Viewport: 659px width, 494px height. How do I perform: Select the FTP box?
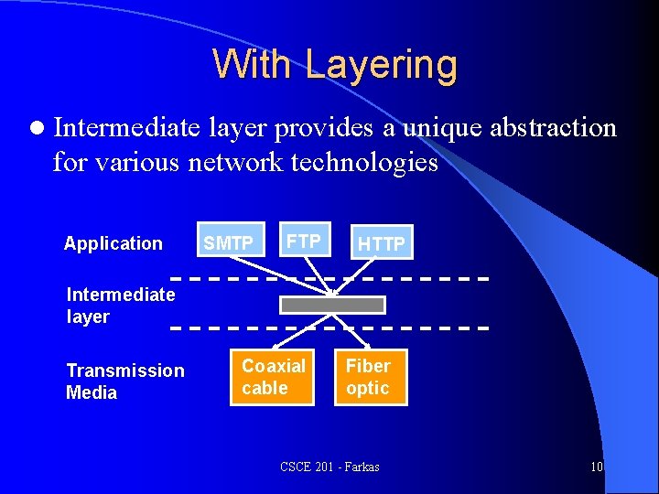pyautogui.click(x=303, y=242)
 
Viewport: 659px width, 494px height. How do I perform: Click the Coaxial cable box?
pyautogui.click(x=274, y=377)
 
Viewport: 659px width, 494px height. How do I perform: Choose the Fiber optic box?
pyautogui.click(x=368, y=377)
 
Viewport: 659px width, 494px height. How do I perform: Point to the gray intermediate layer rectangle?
pyautogui.click(x=332, y=305)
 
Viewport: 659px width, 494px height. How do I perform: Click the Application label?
pyautogui.click(x=113, y=243)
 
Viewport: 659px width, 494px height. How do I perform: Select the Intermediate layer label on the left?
pyautogui.click(x=120, y=306)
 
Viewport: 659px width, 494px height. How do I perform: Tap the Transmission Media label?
pyautogui.click(x=124, y=381)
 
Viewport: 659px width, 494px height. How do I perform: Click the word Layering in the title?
pyautogui.click(x=381, y=64)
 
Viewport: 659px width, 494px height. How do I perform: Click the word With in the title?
pyautogui.click(x=254, y=64)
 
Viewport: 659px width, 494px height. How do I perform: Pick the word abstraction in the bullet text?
pyautogui.click(x=553, y=128)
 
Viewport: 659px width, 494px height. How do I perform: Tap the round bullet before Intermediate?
pyautogui.click(x=35, y=129)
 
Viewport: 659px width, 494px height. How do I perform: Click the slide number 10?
pyautogui.click(x=596, y=467)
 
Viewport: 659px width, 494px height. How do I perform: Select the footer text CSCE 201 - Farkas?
pyautogui.click(x=329, y=467)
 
